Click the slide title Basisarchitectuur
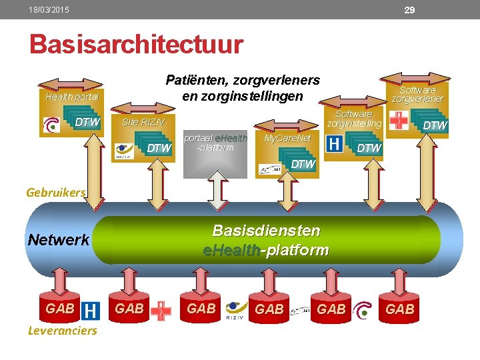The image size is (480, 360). [136, 45]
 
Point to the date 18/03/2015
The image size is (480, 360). [49, 10]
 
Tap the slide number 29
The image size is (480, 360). [410, 10]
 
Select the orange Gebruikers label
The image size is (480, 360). [56, 192]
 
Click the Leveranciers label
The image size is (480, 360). [62, 331]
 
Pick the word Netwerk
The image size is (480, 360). [59, 240]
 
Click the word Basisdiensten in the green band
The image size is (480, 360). [266, 231]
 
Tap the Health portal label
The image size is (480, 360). [71, 97]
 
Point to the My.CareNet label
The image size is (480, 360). [287, 139]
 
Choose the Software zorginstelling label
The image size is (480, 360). [354, 119]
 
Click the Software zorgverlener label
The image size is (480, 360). [417, 94]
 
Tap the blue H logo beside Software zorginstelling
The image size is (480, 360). [336, 143]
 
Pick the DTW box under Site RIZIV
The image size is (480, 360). [158, 148]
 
